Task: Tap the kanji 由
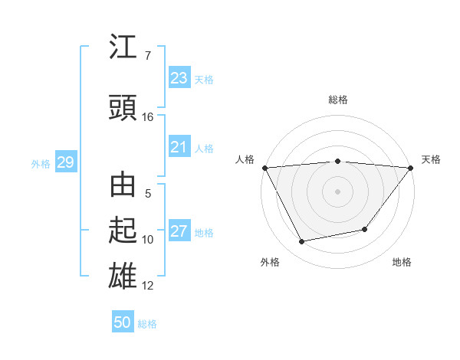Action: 123,186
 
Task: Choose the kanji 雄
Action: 123,275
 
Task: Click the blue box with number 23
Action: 179,78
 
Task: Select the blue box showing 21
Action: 179,147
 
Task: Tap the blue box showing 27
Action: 179,231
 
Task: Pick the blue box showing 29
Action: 65,162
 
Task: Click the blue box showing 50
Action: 123,322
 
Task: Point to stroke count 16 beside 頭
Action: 148,117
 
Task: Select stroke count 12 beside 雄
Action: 148,286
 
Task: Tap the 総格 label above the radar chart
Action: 337,100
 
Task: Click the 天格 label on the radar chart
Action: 431,159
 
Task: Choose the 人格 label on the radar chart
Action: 245,159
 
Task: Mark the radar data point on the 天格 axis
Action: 411,167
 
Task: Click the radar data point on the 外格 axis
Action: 301,242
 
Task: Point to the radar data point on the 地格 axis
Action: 365,229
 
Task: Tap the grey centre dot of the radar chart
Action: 337,191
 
